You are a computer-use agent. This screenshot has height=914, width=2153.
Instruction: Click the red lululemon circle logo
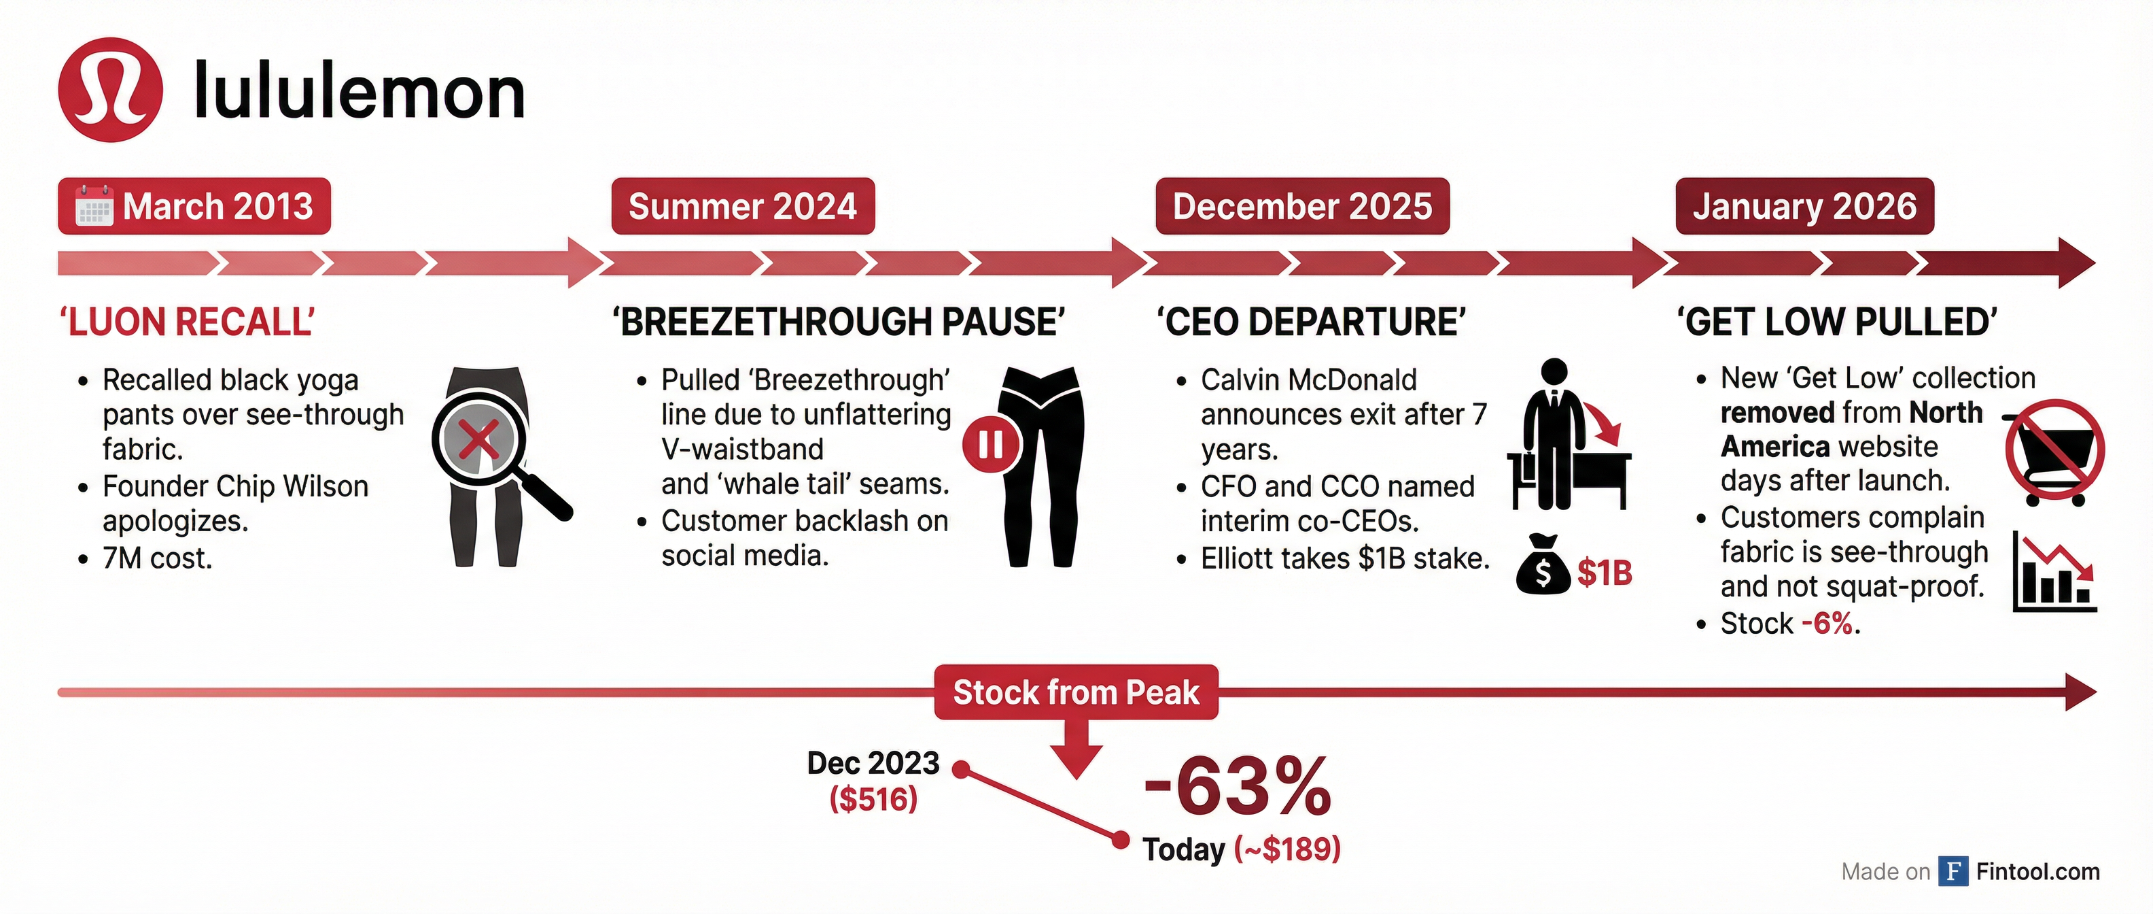tap(109, 90)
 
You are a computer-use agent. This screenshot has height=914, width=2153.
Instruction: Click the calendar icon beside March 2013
tap(94, 205)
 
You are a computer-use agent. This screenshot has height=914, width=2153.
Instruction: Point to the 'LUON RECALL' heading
tap(187, 322)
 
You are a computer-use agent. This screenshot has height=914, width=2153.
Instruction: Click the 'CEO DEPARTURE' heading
tap(1310, 322)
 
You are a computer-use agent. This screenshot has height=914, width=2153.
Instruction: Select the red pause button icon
tap(990, 444)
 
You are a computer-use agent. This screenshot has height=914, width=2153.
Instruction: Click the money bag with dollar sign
tap(1543, 565)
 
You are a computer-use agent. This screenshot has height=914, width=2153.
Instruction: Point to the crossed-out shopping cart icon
tap(2054, 452)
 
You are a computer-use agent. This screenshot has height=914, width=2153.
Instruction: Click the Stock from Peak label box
tap(1076, 692)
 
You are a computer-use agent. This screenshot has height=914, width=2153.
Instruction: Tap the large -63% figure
tap(1237, 786)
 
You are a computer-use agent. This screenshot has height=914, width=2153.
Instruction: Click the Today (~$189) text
tap(1241, 849)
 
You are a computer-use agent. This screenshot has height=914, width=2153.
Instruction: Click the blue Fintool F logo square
tap(1953, 871)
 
